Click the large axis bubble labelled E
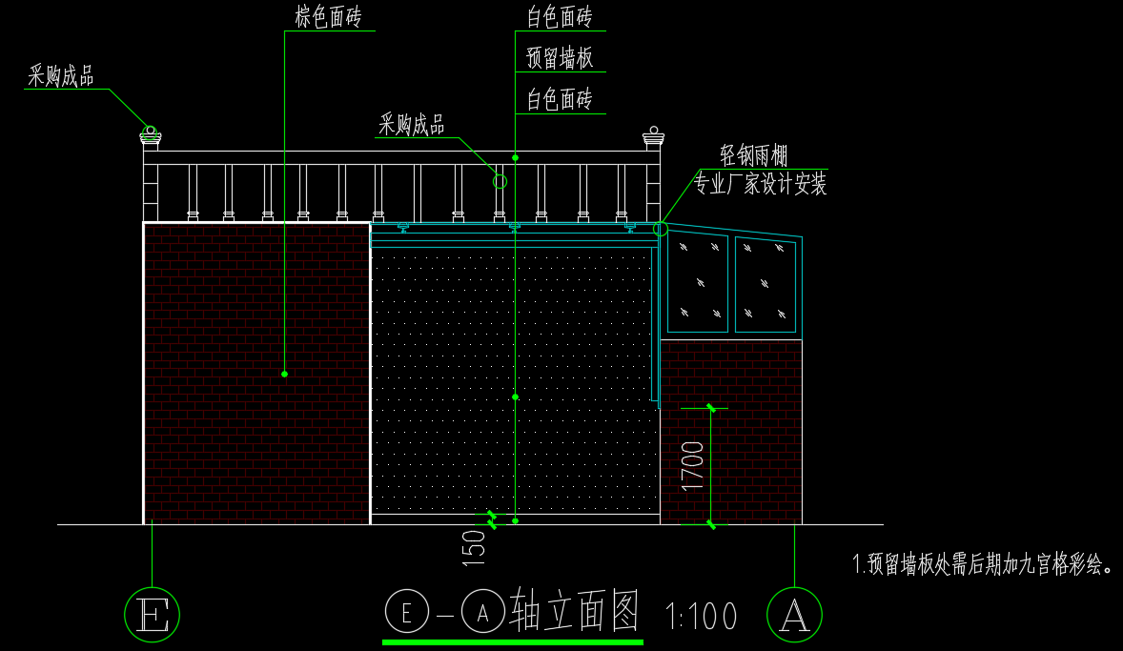tap(153, 613)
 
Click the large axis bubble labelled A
tap(794, 613)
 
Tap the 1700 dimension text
tap(693, 465)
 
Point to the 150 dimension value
tap(475, 549)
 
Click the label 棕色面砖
tap(327, 16)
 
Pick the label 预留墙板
tap(560, 58)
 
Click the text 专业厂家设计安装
tap(760, 184)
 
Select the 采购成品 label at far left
tap(61, 76)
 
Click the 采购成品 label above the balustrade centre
tap(412, 124)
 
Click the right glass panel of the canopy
tap(766, 283)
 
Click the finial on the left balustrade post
tap(151, 137)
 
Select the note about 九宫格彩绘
tap(983, 564)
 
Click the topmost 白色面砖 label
tap(560, 16)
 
